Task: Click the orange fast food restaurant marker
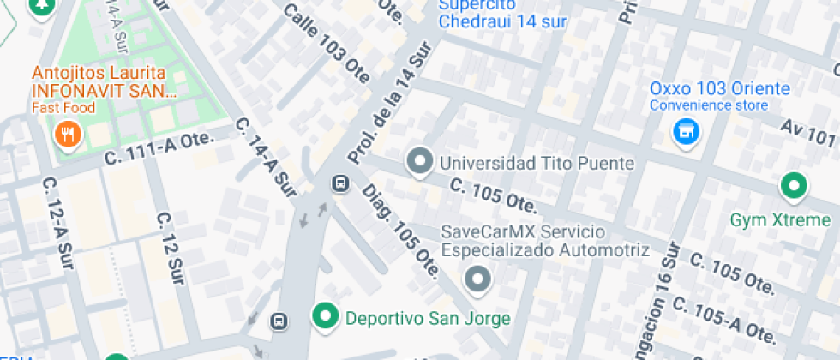(68, 133)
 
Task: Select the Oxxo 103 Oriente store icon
(684, 131)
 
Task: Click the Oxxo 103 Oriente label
(719, 88)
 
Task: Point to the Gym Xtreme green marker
(793, 185)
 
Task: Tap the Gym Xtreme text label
(780, 220)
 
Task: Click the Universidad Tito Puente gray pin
(419, 161)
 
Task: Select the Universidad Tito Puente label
(537, 163)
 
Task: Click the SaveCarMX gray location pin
(477, 279)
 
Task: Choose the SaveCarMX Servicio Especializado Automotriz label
(545, 241)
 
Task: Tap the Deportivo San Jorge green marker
(325, 317)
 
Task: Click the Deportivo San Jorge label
(428, 319)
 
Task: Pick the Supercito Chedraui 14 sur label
(502, 15)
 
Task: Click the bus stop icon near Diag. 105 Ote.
(340, 183)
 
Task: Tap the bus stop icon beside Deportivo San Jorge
(279, 321)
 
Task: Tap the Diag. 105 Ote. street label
(401, 232)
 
